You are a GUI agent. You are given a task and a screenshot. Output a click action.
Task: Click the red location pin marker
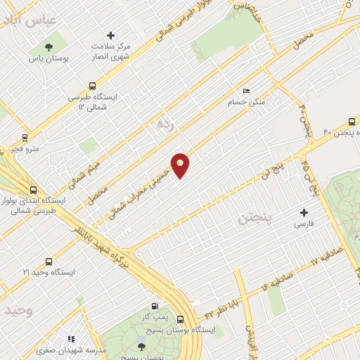[x=181, y=165]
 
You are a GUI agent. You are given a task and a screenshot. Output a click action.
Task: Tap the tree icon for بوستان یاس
[x=48, y=48]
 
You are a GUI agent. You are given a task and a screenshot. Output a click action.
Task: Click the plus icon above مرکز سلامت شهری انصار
[x=110, y=34]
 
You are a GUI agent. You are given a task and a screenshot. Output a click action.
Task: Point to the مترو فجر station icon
[x=25, y=137]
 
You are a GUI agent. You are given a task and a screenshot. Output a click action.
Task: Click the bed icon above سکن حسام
[x=245, y=91]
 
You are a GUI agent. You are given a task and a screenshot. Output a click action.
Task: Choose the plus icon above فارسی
[x=304, y=212]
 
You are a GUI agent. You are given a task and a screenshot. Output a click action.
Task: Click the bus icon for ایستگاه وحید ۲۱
[x=48, y=260]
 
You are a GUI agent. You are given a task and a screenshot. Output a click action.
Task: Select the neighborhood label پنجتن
[x=253, y=218]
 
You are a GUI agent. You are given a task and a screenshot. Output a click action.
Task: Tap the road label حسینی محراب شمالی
[x=149, y=184]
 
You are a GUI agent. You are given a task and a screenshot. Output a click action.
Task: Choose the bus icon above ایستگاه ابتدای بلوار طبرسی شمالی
[x=33, y=189]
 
